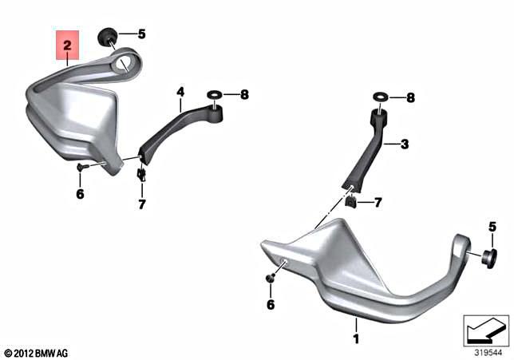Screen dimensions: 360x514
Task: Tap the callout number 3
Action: pos(404,144)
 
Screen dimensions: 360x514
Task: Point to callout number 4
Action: pos(180,93)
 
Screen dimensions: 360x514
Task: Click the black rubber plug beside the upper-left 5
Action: pos(107,36)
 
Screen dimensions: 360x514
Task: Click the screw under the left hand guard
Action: pos(81,167)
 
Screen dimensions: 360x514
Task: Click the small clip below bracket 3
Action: pos(351,201)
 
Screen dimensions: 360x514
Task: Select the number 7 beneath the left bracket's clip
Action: pos(141,204)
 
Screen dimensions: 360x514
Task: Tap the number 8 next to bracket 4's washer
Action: pos(244,94)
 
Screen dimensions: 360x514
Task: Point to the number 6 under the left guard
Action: pos(80,194)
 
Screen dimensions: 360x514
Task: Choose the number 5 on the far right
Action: pos(492,227)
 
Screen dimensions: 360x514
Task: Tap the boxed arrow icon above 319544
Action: pos(486,328)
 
